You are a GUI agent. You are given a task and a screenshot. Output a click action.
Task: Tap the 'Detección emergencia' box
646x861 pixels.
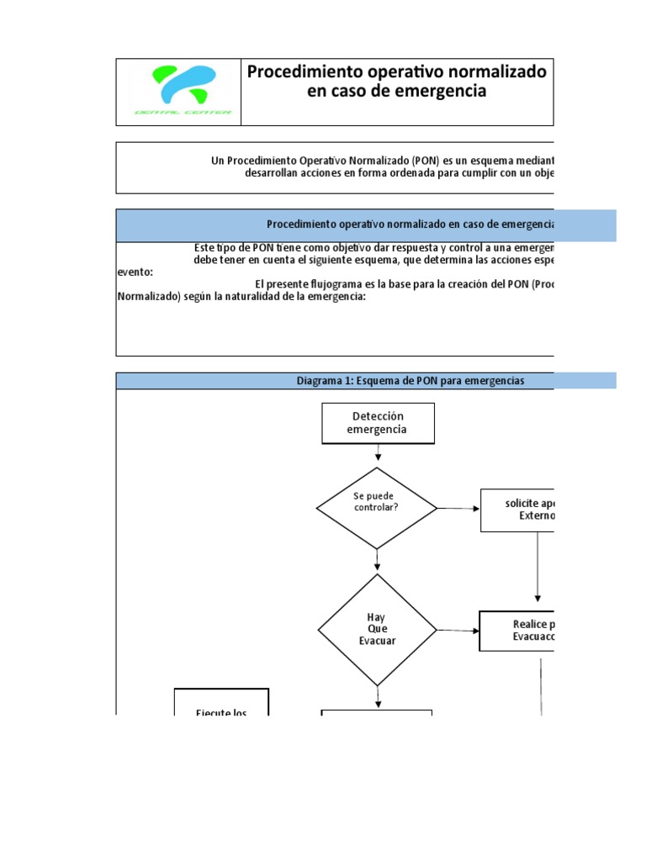click(378, 423)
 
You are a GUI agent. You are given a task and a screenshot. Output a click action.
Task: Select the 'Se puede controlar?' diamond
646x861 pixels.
click(377, 508)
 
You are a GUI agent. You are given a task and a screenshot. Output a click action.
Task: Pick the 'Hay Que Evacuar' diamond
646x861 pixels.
click(377, 629)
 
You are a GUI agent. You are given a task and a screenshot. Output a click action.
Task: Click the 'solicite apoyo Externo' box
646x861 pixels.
click(516, 510)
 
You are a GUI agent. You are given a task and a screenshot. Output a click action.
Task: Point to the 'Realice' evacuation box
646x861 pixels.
click(516, 631)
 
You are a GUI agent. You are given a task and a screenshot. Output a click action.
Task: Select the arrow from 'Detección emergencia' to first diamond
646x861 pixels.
click(378, 454)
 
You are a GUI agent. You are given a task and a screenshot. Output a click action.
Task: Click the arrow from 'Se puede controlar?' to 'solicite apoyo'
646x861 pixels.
click(458, 509)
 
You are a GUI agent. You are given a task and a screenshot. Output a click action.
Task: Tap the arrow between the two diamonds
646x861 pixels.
click(378, 560)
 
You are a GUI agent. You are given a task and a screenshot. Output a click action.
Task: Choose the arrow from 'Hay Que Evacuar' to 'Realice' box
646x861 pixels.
click(458, 630)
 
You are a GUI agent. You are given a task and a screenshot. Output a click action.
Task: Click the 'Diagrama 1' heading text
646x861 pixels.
click(410, 381)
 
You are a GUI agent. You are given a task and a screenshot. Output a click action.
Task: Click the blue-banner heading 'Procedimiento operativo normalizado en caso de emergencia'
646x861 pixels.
click(410, 224)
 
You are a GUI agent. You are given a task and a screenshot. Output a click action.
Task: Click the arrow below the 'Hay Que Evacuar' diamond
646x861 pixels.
click(378, 697)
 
